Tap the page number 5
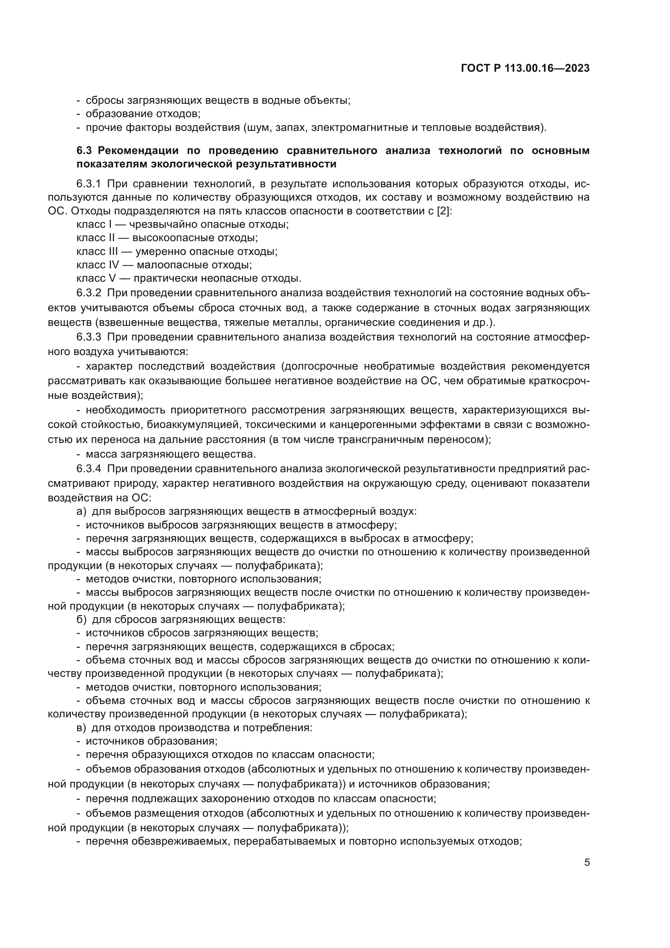587,862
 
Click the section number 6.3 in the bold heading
84,151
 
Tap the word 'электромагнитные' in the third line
359,127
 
